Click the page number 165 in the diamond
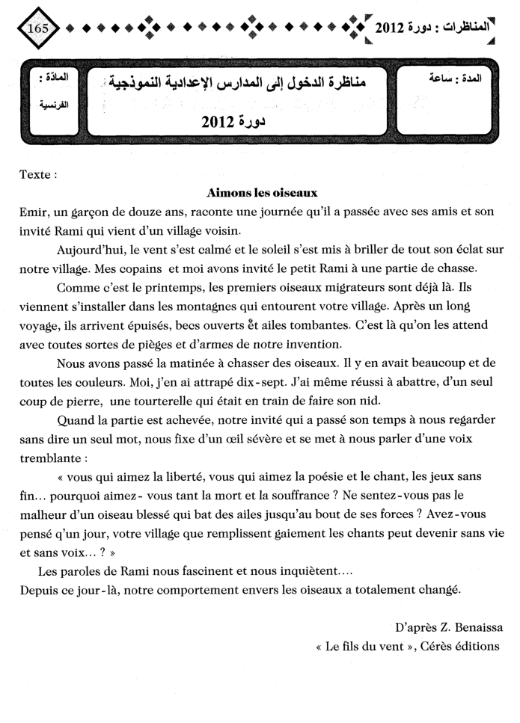(x=36, y=28)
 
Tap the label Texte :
(x=38, y=176)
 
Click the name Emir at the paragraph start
(x=33, y=212)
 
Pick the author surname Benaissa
(x=467, y=627)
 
